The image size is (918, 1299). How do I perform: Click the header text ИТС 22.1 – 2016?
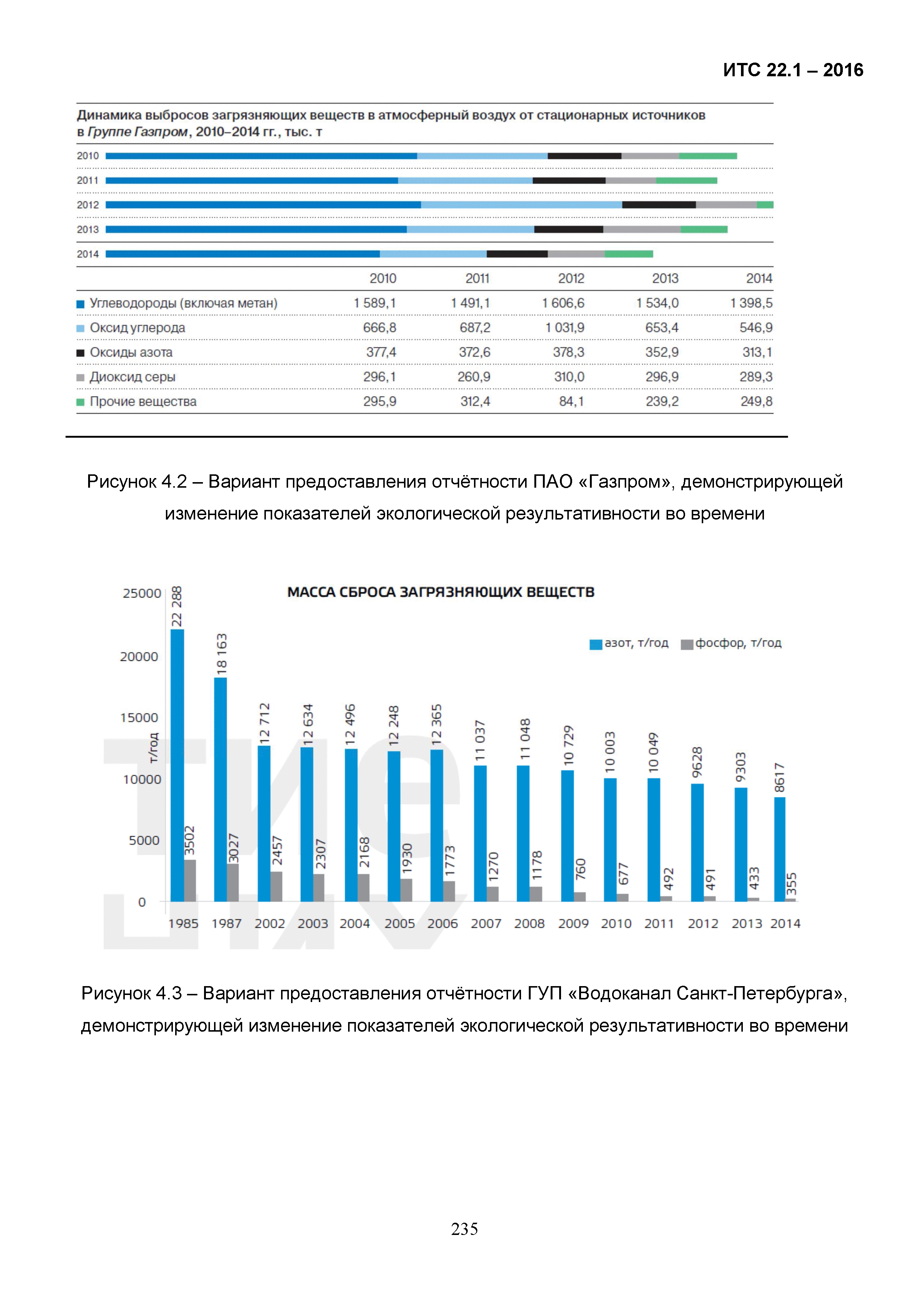(792, 70)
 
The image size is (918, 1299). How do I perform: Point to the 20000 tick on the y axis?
(139, 657)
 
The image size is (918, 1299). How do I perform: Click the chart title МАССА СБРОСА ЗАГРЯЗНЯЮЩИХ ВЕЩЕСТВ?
(441, 592)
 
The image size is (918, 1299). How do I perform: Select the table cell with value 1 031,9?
(564, 328)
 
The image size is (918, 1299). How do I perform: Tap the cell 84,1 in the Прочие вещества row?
(571, 402)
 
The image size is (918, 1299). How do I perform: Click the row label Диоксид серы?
(132, 377)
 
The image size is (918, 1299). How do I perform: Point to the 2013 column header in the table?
(665, 278)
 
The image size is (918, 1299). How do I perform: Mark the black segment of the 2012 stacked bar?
(658, 205)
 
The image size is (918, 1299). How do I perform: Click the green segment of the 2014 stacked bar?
(628, 254)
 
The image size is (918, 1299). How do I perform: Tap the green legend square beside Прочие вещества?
(80, 402)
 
